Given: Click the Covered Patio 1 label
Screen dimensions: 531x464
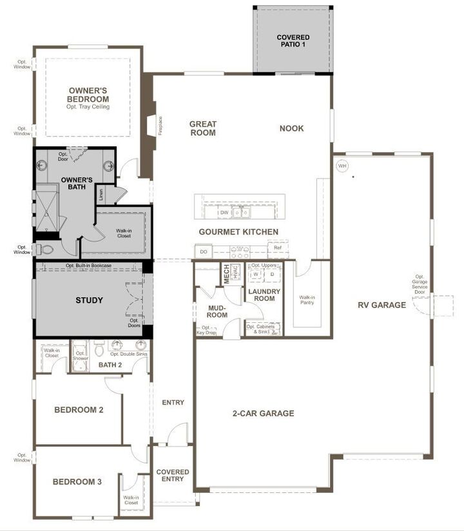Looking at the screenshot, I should tap(293, 41).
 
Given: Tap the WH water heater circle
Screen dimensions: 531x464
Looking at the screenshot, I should tap(342, 166).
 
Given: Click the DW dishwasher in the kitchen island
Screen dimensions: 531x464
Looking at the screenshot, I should tap(224, 212).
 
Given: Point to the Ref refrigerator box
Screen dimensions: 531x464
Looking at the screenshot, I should tap(278, 247).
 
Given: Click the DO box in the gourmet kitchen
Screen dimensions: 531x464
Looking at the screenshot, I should tap(204, 251).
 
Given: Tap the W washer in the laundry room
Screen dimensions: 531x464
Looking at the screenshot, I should tap(256, 274).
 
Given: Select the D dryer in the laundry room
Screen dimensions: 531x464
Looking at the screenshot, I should tap(272, 274).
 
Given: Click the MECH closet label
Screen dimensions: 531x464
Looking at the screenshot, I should tap(226, 273).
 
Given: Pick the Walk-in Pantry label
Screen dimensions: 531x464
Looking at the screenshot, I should tap(307, 299).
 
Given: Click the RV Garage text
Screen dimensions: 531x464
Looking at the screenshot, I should tap(382, 305).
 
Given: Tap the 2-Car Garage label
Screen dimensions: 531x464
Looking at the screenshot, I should tap(264, 413).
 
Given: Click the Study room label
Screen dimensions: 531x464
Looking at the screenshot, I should tap(89, 300).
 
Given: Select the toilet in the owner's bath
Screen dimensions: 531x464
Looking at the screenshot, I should tap(46, 249).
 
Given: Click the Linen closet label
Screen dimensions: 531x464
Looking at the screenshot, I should tap(101, 193).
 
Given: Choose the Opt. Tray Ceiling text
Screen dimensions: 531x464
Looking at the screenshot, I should tap(88, 107).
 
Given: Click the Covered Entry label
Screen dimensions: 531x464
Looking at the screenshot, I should tap(173, 476).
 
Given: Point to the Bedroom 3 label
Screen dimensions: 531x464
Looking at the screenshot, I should tap(77, 481).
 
